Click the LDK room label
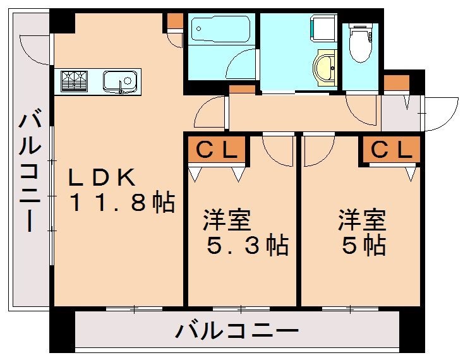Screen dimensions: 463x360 coord(102,177)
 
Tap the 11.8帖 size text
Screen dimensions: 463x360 coord(123,202)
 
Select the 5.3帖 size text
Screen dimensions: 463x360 coord(248,245)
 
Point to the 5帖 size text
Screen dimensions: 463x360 coord(364,245)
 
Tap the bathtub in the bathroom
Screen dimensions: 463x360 coord(220,29)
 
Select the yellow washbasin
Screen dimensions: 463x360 coord(324,68)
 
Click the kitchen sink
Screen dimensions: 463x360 coord(120,81)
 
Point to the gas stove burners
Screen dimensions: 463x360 coord(74,81)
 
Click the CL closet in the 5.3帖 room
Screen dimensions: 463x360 coord(217,150)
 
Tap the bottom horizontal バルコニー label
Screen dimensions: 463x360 coord(237,330)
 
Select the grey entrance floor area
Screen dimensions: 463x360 coord(400,113)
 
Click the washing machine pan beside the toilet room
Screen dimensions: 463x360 coord(323,28)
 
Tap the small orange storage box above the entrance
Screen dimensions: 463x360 coord(397,83)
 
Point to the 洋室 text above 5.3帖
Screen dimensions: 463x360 coord(227,220)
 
